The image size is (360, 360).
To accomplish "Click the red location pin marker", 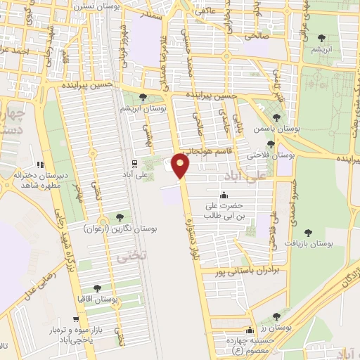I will (181, 166).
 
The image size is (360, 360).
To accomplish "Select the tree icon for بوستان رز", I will (276, 317).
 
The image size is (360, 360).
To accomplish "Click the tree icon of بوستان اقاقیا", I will (97, 288).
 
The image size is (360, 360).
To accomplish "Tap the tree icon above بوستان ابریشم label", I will (143, 98).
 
